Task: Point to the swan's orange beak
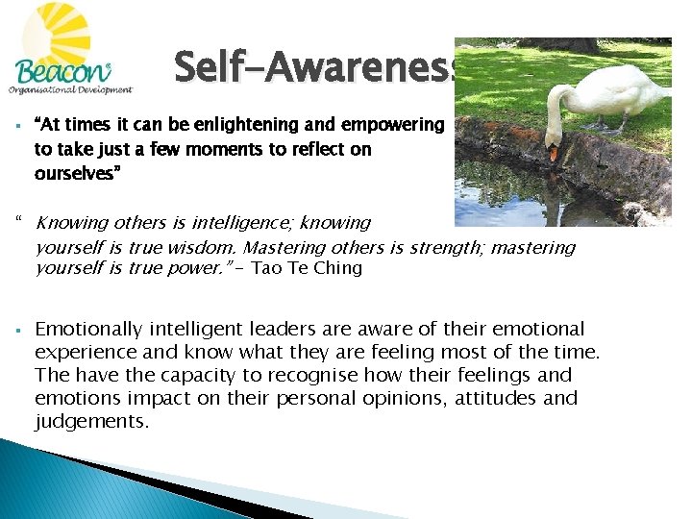click(554, 153)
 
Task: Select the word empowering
click(393, 126)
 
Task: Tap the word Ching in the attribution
click(336, 269)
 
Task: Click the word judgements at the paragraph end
click(91, 421)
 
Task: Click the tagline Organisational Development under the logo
click(69, 90)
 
